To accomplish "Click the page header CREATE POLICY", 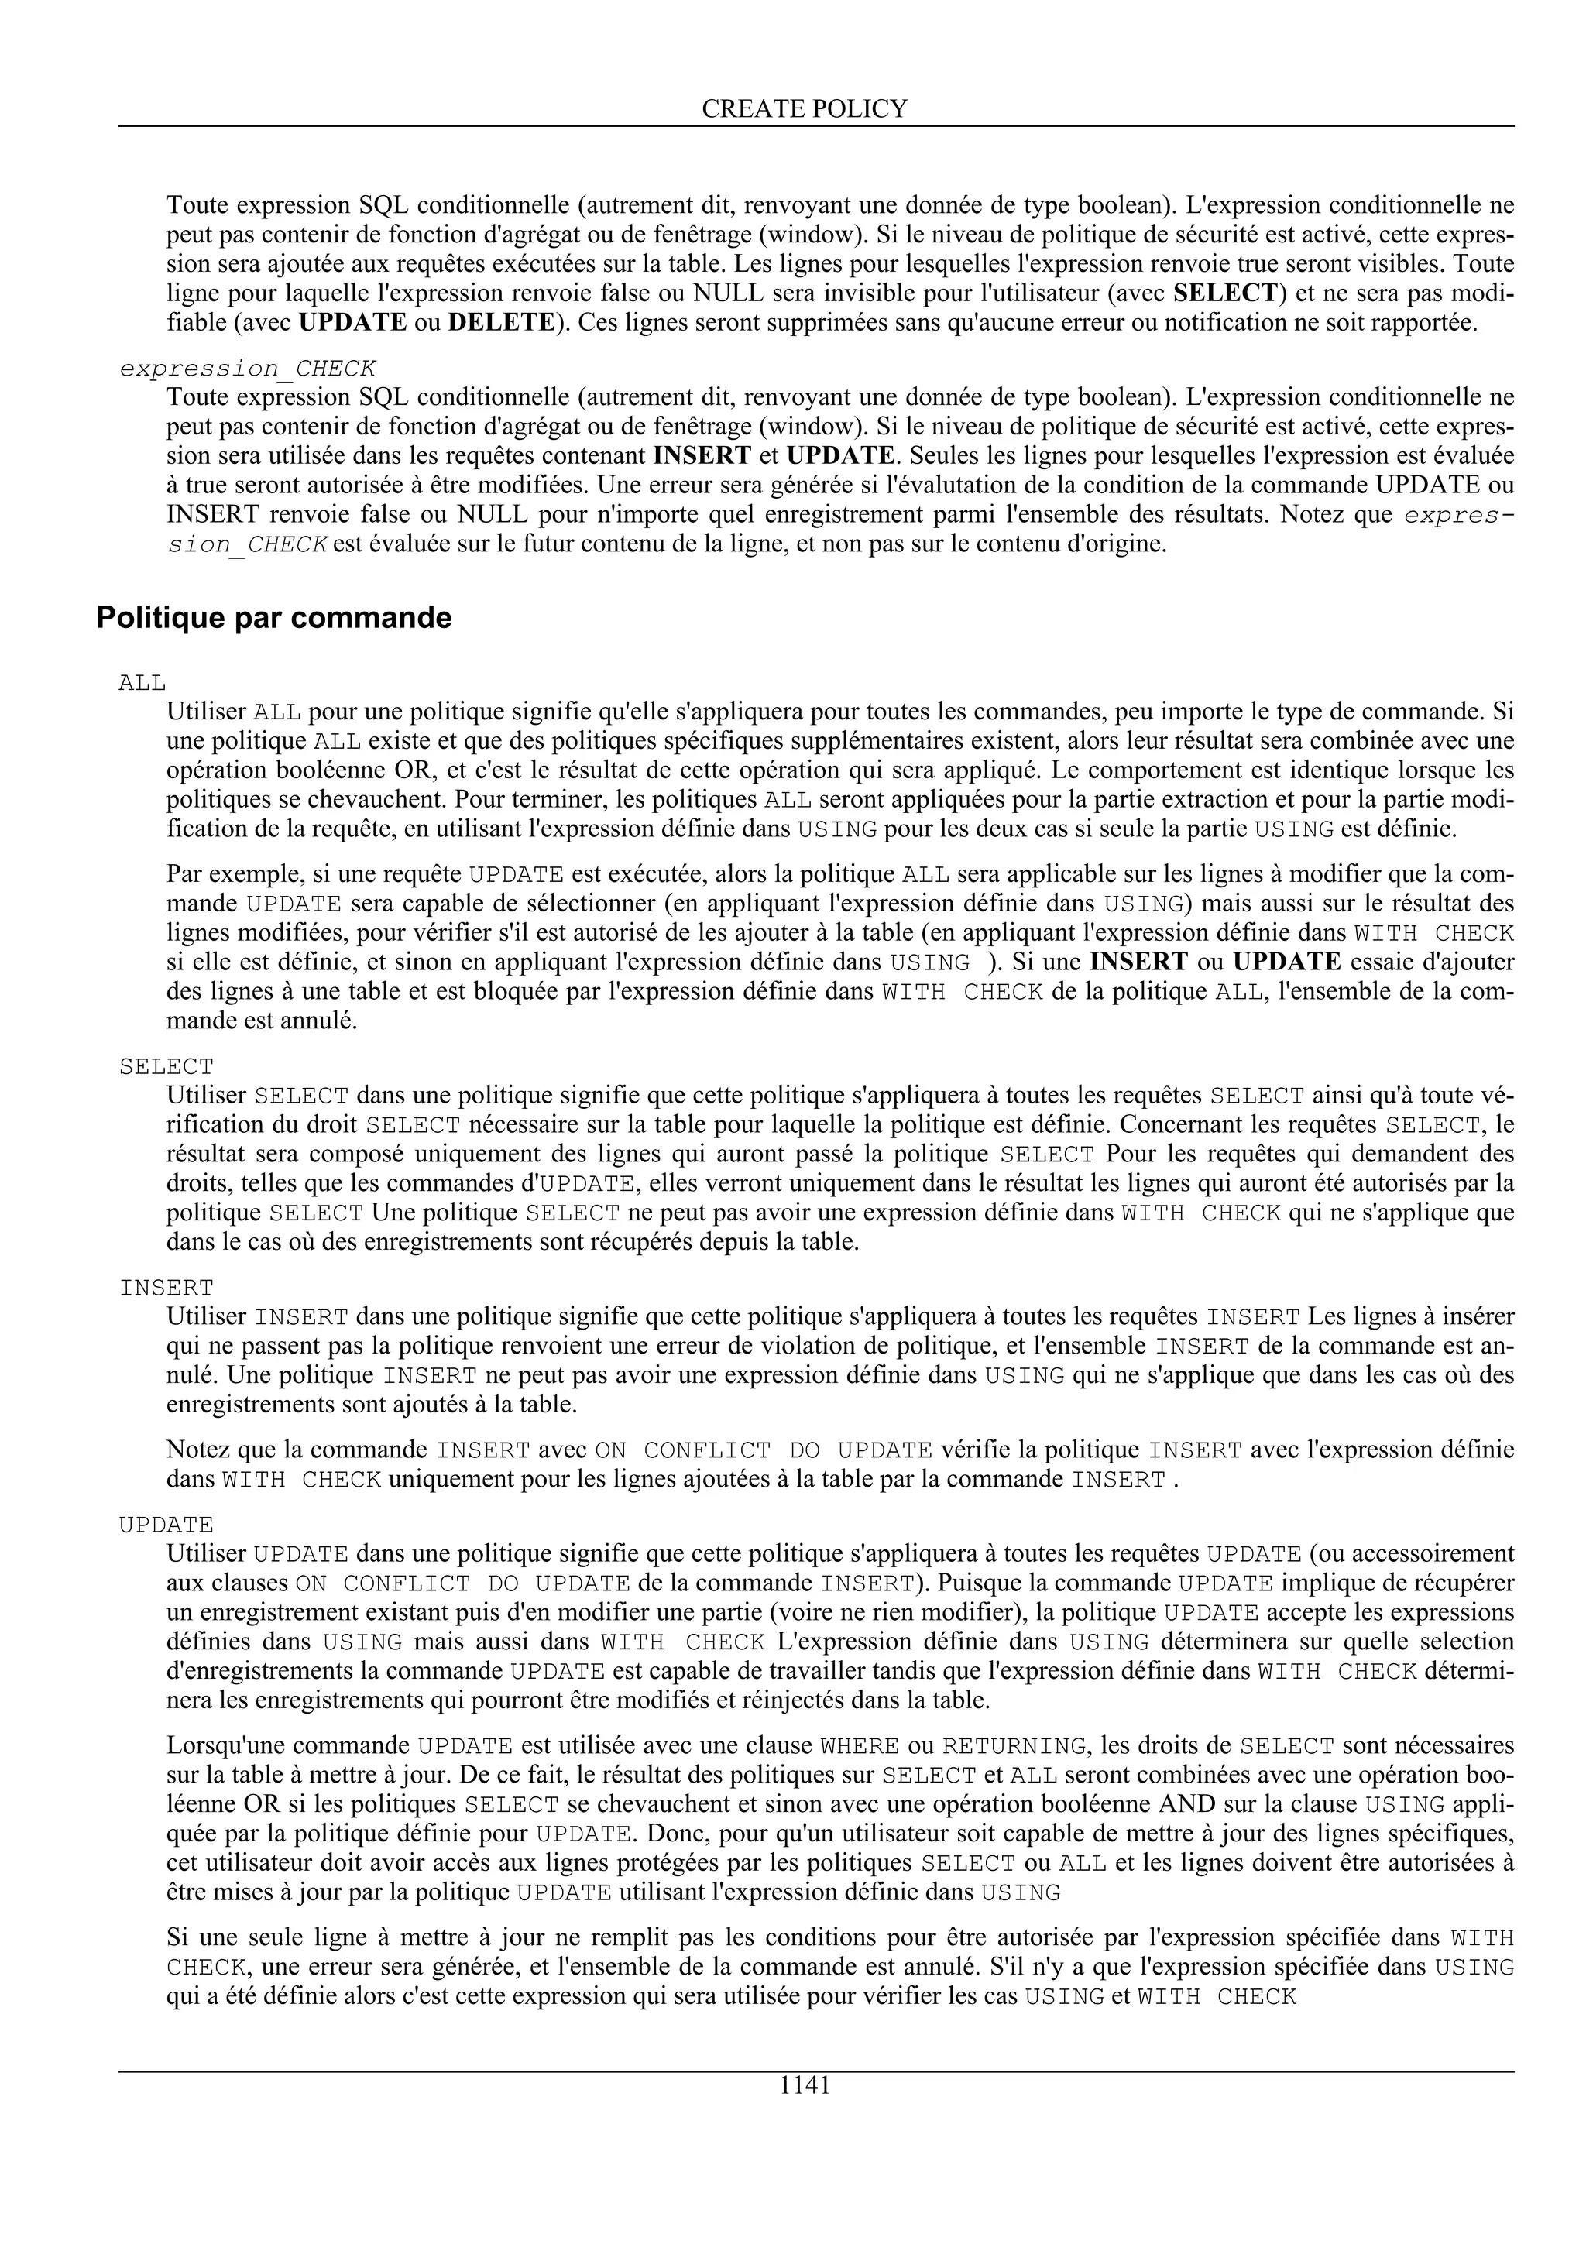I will (805, 108).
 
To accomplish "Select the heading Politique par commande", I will (273, 619).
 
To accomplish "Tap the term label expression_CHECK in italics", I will (247, 369).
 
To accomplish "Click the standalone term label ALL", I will (142, 682).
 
